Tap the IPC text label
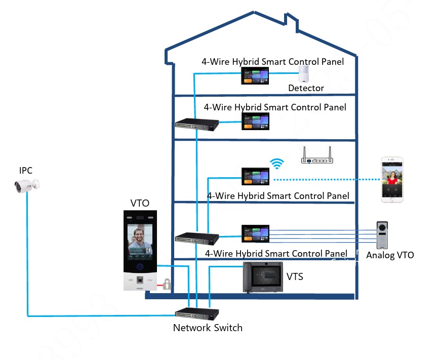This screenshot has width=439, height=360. pos(26,171)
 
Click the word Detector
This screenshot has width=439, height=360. pos(306,88)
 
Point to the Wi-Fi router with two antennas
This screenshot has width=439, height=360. pos(316,156)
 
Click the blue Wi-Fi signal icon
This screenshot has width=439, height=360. pos(276,163)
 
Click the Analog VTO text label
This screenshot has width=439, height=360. pos(390,255)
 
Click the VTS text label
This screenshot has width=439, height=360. pos(295,276)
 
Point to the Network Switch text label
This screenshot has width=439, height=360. pos(208,328)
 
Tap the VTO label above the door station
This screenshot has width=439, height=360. pos(140,203)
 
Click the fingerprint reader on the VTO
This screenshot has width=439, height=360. pos(139,279)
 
